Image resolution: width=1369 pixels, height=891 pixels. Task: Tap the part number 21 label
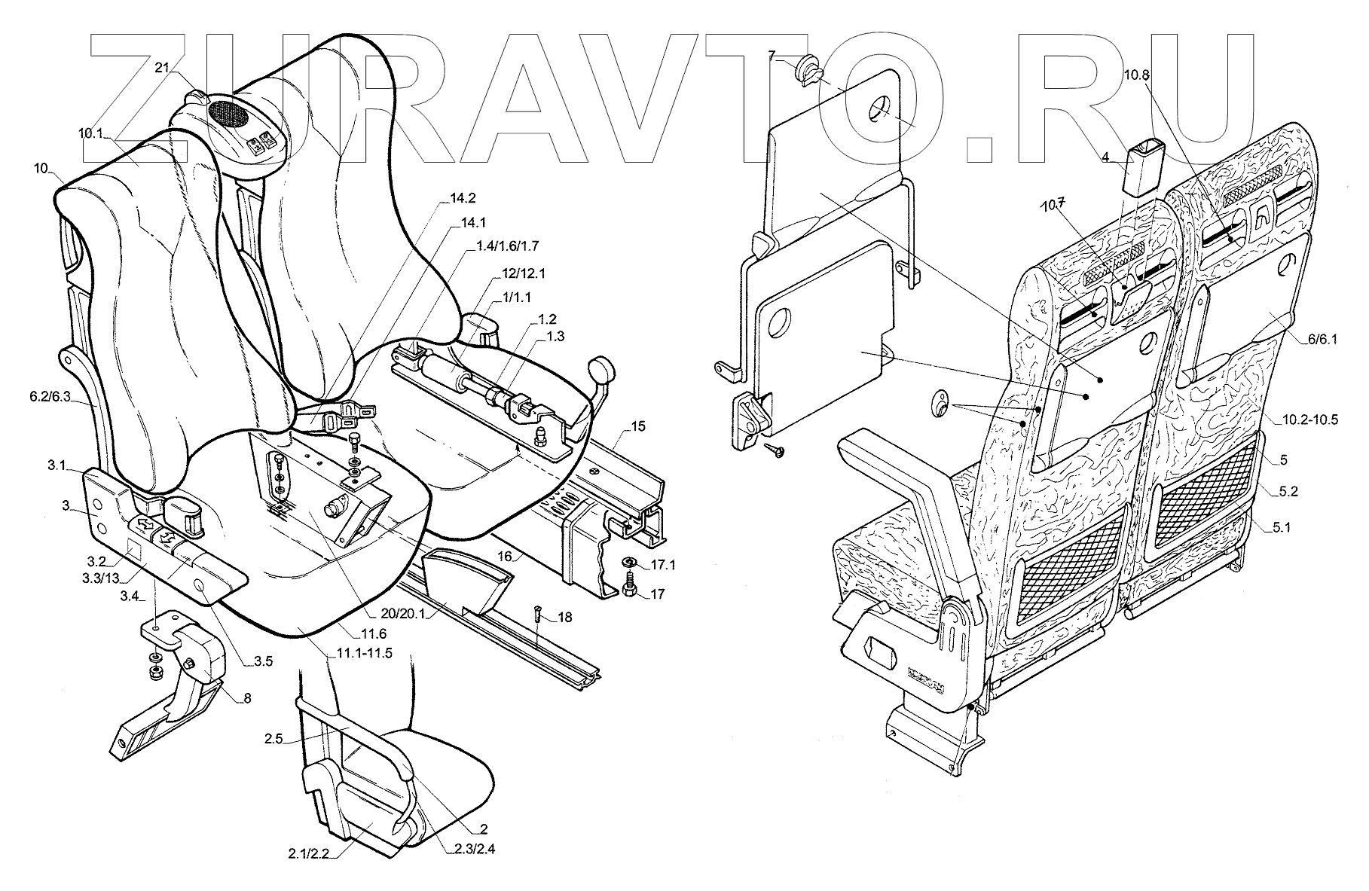coord(161,68)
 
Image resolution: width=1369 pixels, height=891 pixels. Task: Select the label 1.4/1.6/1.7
coord(508,246)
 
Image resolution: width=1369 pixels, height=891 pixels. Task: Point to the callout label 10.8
coord(1138,75)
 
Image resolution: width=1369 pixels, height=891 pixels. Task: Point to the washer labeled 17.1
coord(629,563)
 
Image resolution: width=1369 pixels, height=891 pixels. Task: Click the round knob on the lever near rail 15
coord(600,369)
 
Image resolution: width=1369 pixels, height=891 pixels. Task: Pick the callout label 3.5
coord(263,662)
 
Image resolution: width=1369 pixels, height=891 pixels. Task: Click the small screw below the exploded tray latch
coord(775,450)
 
